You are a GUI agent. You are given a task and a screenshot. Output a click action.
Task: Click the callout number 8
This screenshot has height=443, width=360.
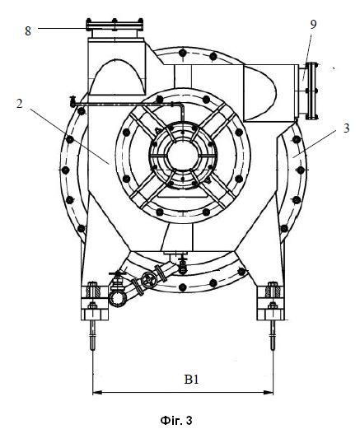tap(28, 30)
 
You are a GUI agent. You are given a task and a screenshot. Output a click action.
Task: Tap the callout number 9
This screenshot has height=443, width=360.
tap(313, 24)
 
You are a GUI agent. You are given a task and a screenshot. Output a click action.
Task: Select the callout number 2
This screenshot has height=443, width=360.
tap(19, 104)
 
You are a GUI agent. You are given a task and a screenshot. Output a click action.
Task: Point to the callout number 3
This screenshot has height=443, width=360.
tap(347, 128)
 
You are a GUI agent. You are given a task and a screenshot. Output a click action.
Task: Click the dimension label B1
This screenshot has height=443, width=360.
tap(192, 379)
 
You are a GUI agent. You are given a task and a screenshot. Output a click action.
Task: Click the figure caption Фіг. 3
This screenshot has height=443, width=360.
tap(176, 421)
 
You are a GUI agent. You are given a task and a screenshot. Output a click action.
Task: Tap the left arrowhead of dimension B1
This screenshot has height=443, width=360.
tap(97, 393)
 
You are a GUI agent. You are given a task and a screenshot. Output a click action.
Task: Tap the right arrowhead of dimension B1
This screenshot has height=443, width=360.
tap(269, 393)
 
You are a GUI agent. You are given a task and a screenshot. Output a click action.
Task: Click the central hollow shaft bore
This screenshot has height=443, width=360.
tap(182, 156)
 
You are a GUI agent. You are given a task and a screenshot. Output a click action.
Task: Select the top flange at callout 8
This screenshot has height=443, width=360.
tap(115, 25)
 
